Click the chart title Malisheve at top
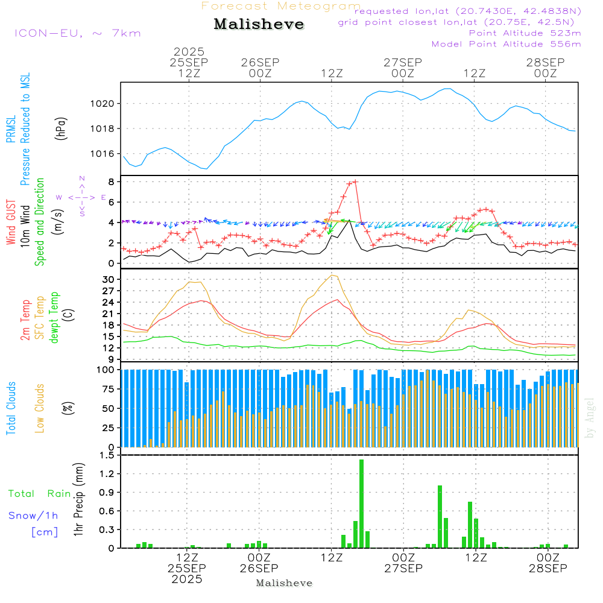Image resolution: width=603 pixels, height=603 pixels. click(x=259, y=25)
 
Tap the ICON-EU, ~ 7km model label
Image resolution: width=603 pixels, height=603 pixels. click(x=77, y=33)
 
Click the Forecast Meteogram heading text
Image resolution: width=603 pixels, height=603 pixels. click(x=280, y=6)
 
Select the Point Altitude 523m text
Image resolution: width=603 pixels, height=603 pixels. click(x=525, y=33)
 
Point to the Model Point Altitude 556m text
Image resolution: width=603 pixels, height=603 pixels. click(x=506, y=44)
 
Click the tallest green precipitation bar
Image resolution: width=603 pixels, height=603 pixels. click(x=361, y=504)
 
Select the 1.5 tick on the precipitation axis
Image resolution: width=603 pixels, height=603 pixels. click(x=107, y=455)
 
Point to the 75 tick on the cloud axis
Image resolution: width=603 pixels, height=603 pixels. click(x=107, y=389)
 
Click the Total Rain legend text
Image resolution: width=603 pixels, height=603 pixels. click(x=39, y=494)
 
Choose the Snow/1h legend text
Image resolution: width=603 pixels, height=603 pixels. click(x=33, y=516)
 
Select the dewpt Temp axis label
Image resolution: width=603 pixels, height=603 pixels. click(x=54, y=318)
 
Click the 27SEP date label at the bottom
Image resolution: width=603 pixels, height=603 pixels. click(x=402, y=569)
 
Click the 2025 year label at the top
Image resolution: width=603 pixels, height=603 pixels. click(x=189, y=52)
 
